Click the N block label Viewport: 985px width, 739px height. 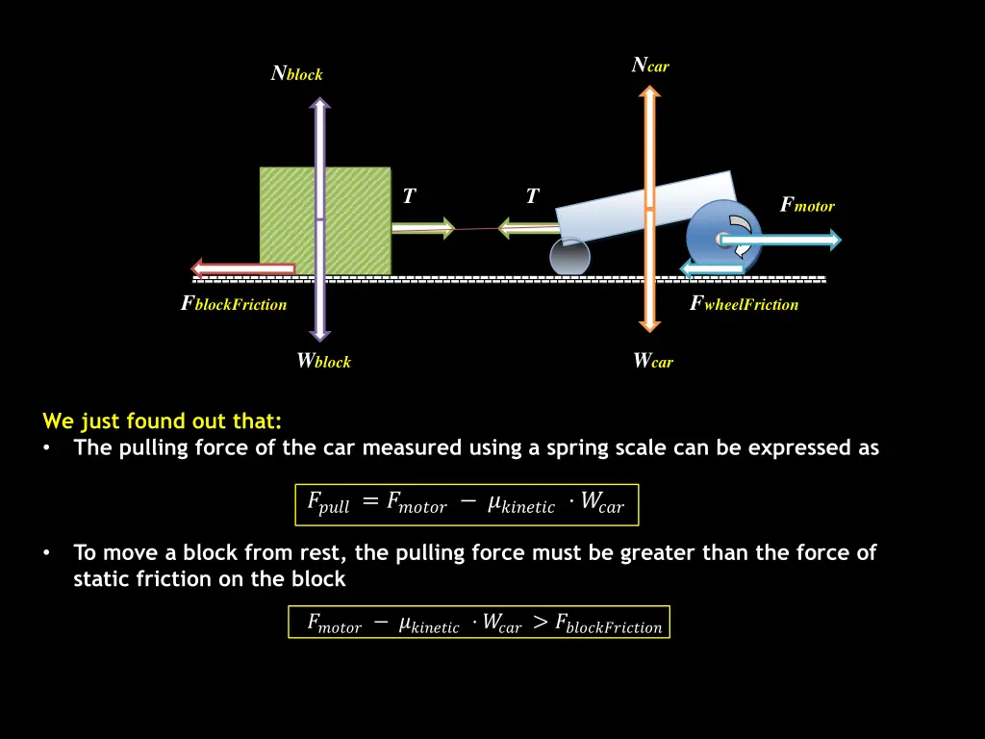tap(297, 73)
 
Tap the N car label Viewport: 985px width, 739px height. tap(650, 65)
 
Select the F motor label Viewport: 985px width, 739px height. tap(807, 205)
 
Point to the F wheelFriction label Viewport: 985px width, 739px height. tap(745, 304)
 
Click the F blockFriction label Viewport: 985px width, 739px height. tap(234, 304)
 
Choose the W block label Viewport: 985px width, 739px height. tap(323, 362)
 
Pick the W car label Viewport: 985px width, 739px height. tap(653, 362)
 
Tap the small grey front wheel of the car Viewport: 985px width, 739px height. tap(569, 258)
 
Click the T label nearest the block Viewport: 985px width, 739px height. tap(409, 197)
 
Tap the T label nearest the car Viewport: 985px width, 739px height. tap(532, 197)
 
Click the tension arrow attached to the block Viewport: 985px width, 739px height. tap(423, 228)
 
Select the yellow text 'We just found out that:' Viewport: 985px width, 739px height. tap(162, 420)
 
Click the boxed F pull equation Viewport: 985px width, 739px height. tap(467, 504)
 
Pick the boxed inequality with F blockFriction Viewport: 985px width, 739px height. tap(479, 623)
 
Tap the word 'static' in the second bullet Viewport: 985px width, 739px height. tap(103, 579)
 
